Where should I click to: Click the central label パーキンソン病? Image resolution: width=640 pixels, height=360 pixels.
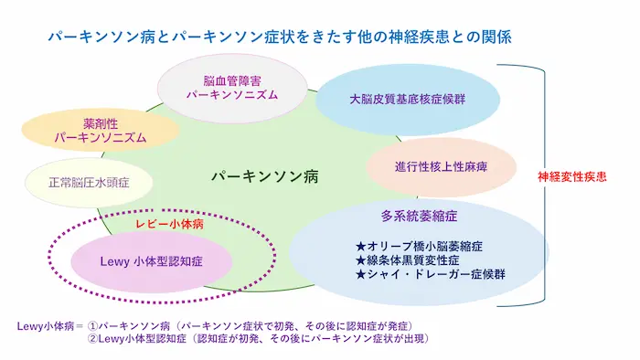(265, 176)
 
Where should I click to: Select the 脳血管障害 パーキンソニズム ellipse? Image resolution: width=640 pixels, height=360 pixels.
(232, 88)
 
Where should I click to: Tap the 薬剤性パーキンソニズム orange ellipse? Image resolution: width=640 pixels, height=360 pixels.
(101, 131)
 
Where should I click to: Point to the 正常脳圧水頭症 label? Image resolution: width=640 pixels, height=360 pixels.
(89, 182)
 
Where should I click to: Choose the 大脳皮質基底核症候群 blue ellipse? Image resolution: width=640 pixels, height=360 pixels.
(408, 99)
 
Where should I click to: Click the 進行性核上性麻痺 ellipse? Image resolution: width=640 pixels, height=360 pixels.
(442, 166)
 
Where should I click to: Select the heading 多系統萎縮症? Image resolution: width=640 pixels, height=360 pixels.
(419, 216)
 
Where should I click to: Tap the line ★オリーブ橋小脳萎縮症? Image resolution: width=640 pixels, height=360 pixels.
(419, 247)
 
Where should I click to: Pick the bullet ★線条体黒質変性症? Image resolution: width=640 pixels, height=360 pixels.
(408, 260)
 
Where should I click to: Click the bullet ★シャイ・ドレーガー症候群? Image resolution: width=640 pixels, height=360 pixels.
(431, 274)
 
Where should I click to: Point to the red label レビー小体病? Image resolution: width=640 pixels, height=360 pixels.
(169, 224)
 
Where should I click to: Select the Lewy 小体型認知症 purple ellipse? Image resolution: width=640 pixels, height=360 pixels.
(152, 261)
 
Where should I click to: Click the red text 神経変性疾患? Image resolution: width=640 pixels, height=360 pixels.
(571, 176)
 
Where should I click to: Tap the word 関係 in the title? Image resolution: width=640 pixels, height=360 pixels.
(497, 37)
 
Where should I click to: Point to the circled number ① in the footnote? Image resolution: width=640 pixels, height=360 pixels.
(93, 326)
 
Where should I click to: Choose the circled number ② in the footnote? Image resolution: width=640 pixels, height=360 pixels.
(93, 339)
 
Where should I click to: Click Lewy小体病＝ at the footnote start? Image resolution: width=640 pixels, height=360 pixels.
(50, 326)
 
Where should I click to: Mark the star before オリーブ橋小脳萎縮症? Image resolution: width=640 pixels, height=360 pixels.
(360, 247)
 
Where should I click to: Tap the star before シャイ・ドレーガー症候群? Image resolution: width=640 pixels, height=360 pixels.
(360, 274)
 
